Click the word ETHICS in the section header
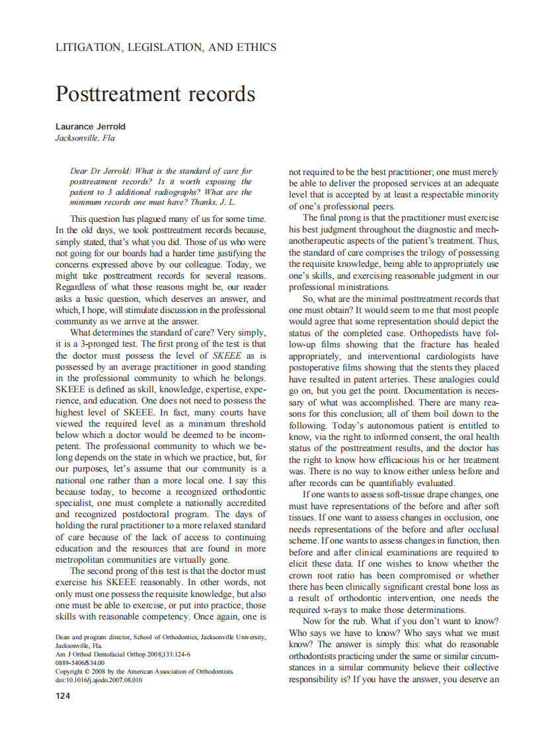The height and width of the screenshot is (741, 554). tap(255, 48)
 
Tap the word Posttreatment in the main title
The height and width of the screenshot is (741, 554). tap(116, 94)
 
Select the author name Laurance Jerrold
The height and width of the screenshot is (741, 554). tap(90, 126)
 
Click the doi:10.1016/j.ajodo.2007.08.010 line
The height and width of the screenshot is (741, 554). tap(99, 680)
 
